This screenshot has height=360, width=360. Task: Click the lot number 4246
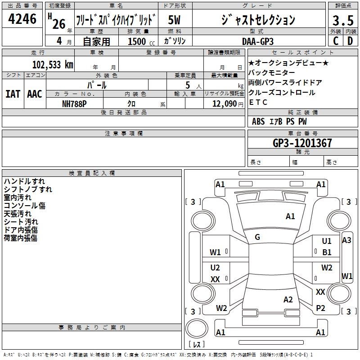pyautogui.click(x=22, y=19)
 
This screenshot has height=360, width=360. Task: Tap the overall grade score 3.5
pyautogui.click(x=343, y=21)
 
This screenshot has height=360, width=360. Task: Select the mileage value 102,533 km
pyautogui.click(x=53, y=65)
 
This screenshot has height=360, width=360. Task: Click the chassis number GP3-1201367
pyautogui.click(x=302, y=143)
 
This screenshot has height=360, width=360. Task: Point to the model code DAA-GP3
pyautogui.click(x=258, y=41)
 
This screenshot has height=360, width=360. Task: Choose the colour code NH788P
pyautogui.click(x=74, y=104)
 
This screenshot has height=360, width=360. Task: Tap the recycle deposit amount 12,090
pyautogui.click(x=224, y=104)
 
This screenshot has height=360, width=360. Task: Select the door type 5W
pyautogui.click(x=174, y=20)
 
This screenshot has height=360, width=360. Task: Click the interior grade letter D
pyautogui.click(x=350, y=41)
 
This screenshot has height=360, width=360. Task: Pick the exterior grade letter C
pyautogui.click(x=336, y=41)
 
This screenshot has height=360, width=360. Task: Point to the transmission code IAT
pyautogui.click(x=13, y=94)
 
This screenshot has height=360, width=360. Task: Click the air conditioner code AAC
pyautogui.click(x=35, y=94)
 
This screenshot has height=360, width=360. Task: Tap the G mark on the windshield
pyautogui.click(x=257, y=237)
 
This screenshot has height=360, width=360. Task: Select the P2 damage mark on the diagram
pyautogui.click(x=320, y=308)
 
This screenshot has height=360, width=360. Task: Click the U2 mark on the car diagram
pyautogui.click(x=215, y=267)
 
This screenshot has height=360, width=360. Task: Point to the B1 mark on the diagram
pyautogui.click(x=327, y=252)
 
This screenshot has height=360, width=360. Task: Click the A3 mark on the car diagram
pyautogui.click(x=346, y=240)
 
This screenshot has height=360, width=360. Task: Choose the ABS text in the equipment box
pyautogui.click(x=258, y=121)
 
